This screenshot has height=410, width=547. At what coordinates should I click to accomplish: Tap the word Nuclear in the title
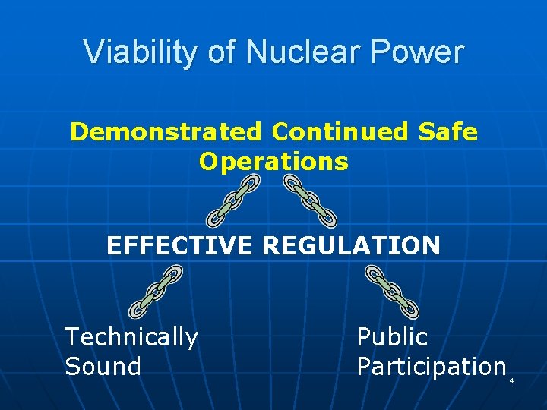point(282,52)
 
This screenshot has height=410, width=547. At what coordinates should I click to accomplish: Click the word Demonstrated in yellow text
point(165,132)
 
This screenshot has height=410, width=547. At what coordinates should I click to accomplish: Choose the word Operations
point(273,161)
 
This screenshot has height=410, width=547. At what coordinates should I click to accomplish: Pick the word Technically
point(131,336)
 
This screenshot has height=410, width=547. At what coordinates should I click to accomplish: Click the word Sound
point(103,366)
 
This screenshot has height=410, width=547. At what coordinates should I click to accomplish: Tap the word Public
point(392,336)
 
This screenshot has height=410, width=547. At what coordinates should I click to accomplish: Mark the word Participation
point(431,366)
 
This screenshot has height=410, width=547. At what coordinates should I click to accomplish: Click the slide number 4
point(511,380)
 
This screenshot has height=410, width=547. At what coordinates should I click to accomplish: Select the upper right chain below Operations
point(310,200)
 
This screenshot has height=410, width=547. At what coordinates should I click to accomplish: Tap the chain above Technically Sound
point(156,291)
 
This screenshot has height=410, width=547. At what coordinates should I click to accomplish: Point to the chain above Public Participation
point(392,291)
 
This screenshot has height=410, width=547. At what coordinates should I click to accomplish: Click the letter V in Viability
point(91,52)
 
